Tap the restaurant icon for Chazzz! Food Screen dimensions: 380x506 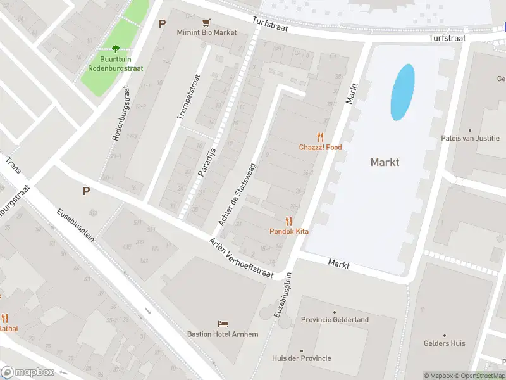pos(320,136)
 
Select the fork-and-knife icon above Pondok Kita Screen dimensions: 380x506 pos(289,220)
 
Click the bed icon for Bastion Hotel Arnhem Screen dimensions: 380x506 pos(223,324)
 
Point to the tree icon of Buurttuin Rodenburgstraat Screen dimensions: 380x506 pos(115,48)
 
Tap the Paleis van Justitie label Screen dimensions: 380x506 pos(470,139)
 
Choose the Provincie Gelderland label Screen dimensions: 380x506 pos(335,320)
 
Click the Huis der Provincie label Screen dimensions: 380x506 pos(301,358)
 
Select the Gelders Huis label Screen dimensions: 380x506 pos(445,343)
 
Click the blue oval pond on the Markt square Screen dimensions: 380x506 pos(403,92)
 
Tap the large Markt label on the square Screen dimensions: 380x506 pos(385,162)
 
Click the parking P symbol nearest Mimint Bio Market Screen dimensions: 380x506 pos(162,24)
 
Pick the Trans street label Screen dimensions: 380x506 pos(13,166)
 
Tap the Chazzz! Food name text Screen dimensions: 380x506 pos(320,148)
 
